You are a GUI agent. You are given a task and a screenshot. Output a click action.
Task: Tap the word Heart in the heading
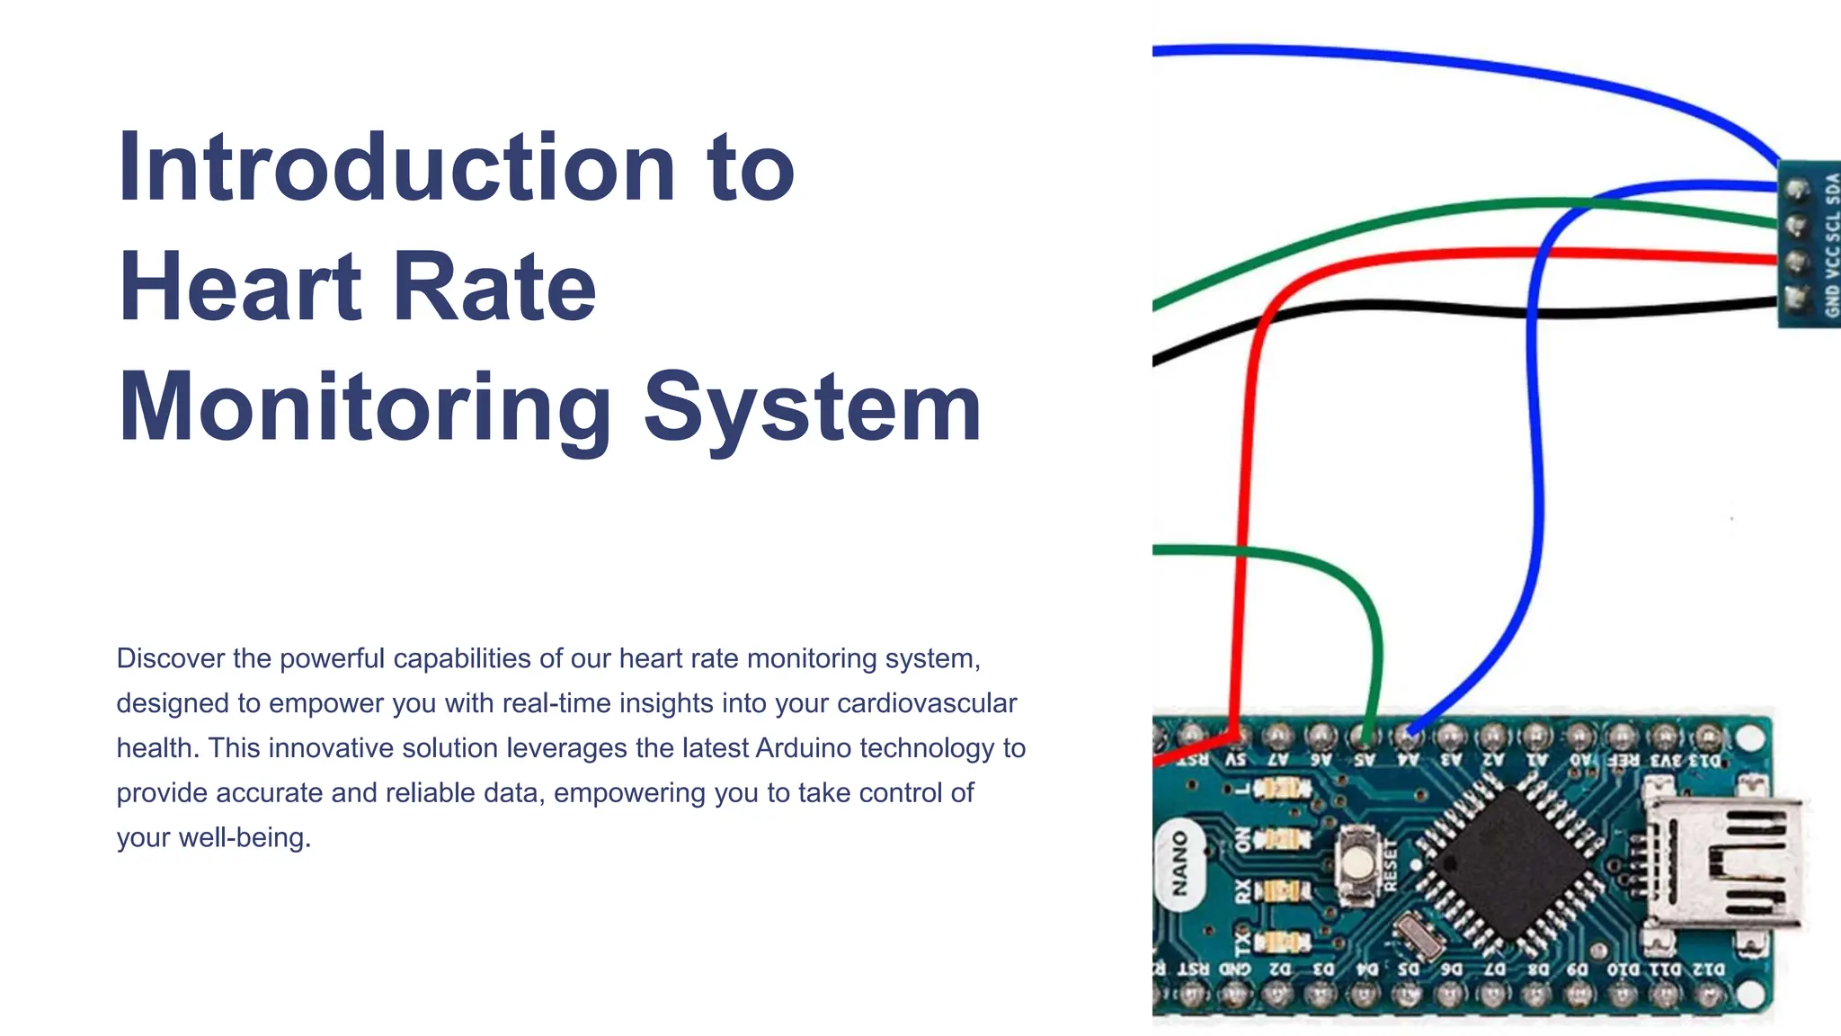click(239, 288)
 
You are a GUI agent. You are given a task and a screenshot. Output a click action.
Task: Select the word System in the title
click(813, 408)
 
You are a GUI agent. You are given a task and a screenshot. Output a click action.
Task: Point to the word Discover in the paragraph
click(171, 658)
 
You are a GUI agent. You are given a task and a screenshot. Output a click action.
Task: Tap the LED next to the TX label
click(1282, 942)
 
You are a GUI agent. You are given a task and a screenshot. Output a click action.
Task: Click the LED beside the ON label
click(1282, 840)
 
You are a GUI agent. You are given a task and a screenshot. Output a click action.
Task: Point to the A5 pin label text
click(1365, 760)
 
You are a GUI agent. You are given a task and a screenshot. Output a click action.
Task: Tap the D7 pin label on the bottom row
click(1494, 969)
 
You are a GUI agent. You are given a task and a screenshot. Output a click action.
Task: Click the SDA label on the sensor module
click(1832, 189)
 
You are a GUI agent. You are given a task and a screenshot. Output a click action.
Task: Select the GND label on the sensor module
click(1832, 301)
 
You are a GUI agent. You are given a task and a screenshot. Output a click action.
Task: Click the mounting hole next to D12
click(1748, 994)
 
